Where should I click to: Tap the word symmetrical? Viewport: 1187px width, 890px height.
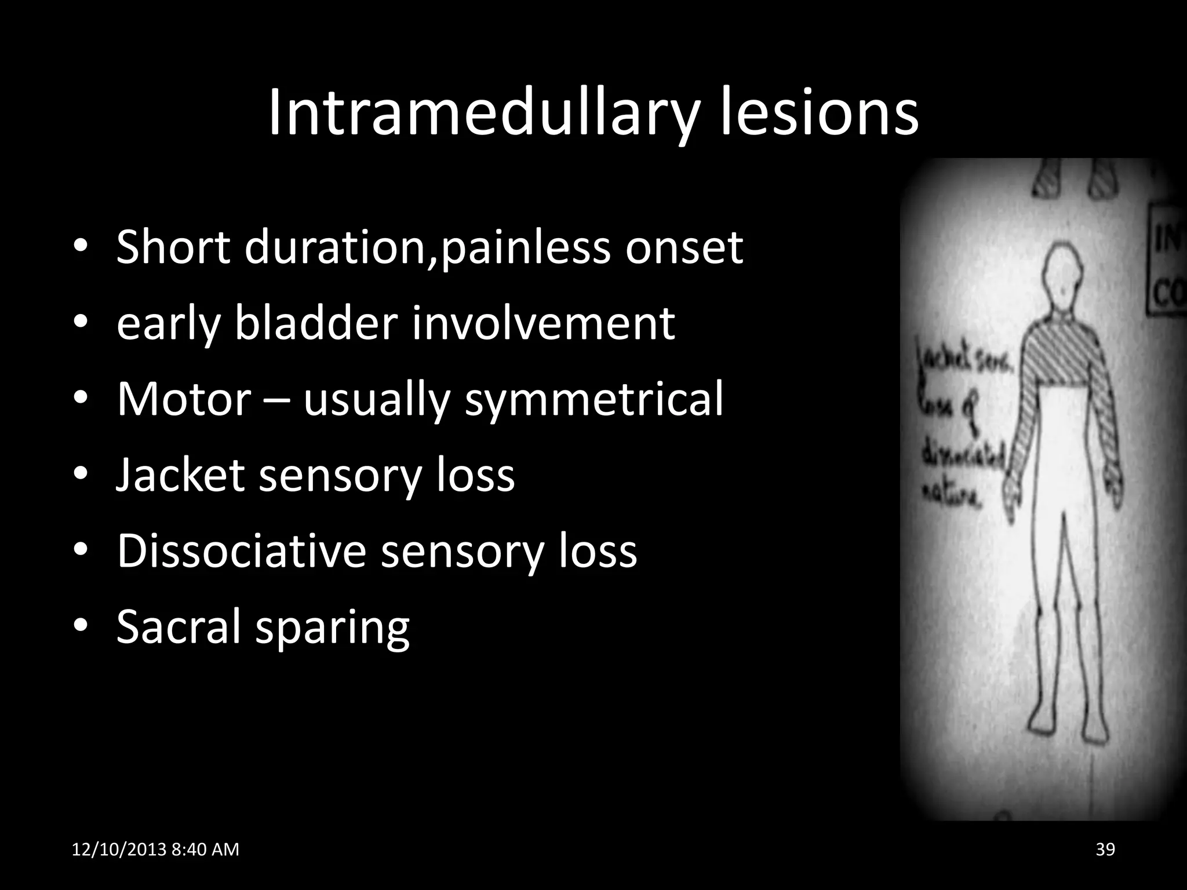click(x=594, y=400)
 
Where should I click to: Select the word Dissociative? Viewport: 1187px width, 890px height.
click(x=241, y=551)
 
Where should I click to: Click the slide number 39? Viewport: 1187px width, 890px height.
click(x=1105, y=849)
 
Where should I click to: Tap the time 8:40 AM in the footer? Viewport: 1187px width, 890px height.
click(x=206, y=849)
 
